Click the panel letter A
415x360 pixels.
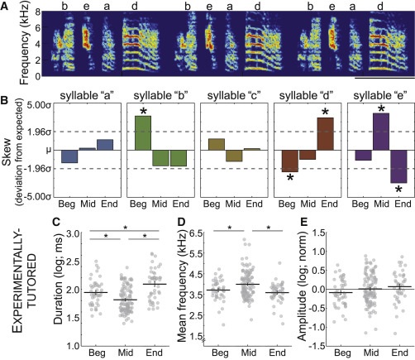click(x=6, y=7)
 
